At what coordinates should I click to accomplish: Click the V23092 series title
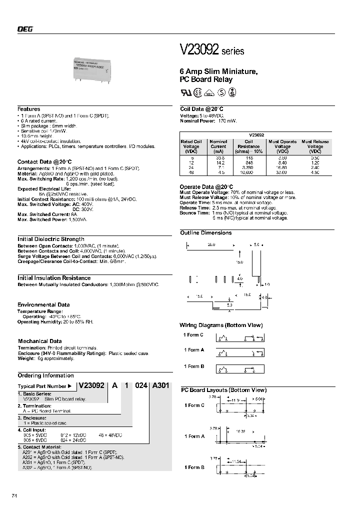[x=211, y=50]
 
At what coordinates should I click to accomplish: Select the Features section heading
[x=28, y=109]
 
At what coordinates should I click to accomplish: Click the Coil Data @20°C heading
[x=201, y=109]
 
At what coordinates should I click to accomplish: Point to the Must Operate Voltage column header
[x=282, y=146]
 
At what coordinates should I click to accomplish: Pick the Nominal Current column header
[x=218, y=146]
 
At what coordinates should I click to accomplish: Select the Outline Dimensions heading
[x=206, y=233]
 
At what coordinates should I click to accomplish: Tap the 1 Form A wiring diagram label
[x=194, y=350]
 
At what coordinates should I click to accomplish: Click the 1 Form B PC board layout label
[x=194, y=467]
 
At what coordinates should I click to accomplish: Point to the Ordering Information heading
[x=45, y=375]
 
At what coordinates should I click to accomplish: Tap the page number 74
[x=14, y=495]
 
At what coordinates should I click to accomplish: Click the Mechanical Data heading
[x=39, y=341]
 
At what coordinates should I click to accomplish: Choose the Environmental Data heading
[x=43, y=304]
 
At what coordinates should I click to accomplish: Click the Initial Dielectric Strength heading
[x=51, y=239]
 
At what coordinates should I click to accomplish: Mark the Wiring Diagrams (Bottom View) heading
[x=221, y=325]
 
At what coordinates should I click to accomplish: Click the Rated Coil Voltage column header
[x=191, y=146]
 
